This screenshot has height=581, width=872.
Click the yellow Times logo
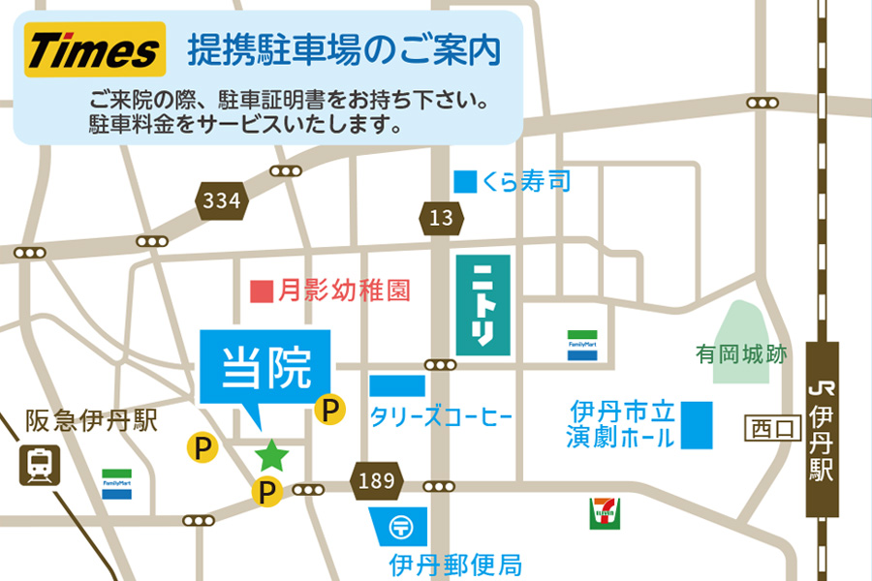click(93, 51)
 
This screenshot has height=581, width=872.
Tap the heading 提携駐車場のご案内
click(344, 50)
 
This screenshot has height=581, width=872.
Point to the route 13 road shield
click(441, 218)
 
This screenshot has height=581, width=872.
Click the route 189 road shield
click(377, 480)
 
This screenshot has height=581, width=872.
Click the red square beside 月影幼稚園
click(261, 290)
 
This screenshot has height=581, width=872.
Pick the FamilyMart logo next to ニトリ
click(582, 346)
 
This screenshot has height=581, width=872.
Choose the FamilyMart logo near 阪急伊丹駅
click(117, 483)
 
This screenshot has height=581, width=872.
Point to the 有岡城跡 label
click(741, 354)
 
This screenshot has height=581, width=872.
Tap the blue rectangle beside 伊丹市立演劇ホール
click(696, 424)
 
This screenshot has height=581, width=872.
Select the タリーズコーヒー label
click(441, 418)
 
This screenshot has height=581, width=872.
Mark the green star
click(271, 453)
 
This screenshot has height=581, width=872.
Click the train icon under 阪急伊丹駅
click(40, 465)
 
